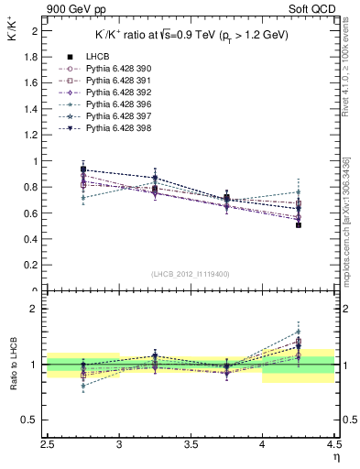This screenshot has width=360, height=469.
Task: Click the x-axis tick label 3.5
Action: pos(191,444)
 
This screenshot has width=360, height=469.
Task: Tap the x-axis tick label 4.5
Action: pos(333,444)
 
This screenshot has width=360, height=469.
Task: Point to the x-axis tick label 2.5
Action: pos(48,444)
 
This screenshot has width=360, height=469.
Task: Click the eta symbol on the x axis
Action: pos(336,456)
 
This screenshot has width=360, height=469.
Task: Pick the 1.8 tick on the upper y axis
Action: pos(33,57)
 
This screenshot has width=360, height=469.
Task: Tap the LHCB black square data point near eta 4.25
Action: pos(299,224)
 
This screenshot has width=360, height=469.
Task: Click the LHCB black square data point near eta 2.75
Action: pos(83,169)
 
